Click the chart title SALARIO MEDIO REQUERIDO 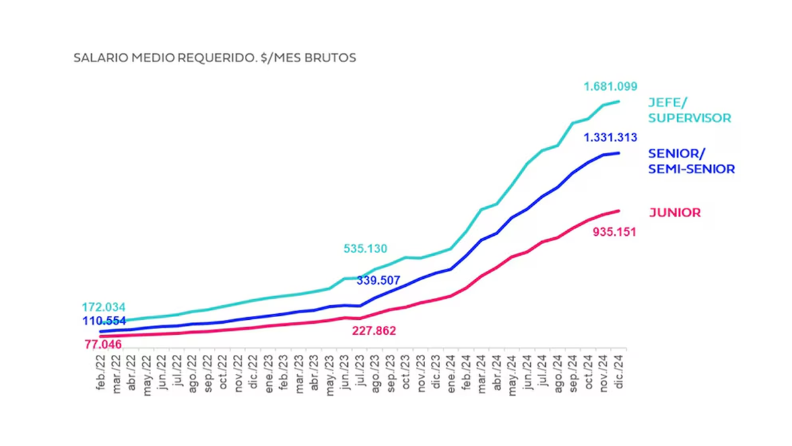214,58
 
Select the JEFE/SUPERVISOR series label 690,110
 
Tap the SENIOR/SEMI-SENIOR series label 691,161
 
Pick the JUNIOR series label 675,213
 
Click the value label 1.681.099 610,87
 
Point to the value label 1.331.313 610,138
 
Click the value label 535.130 365,249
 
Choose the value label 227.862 374,331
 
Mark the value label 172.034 104,307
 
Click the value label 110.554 104,321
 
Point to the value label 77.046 104,344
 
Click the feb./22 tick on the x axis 102,372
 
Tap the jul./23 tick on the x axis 360,372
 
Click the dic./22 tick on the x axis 254,372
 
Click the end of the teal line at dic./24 618,101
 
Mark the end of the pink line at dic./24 618,211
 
